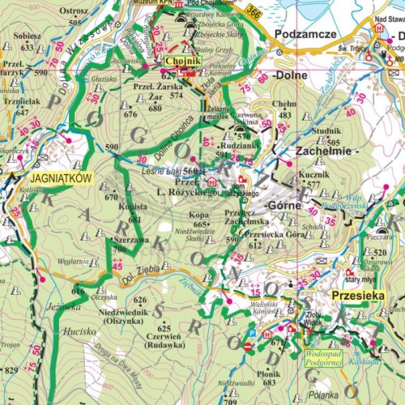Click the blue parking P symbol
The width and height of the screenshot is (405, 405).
point(251,333)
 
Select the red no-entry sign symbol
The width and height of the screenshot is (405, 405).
point(248,346)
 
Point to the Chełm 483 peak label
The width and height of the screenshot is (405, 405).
point(284,109)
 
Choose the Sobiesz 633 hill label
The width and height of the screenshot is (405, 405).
point(28,42)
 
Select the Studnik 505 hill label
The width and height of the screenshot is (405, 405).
point(326,136)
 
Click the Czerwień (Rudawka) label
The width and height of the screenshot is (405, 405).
point(166,339)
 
